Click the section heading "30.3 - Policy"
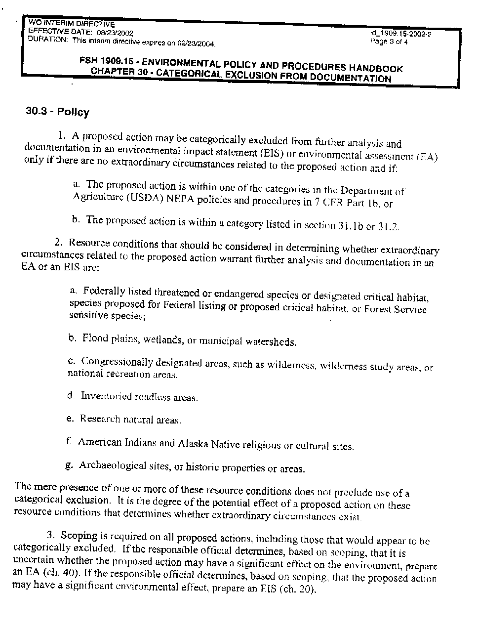click(57, 112)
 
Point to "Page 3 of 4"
click(389, 42)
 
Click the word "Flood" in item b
click(95, 338)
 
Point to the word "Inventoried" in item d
click(106, 396)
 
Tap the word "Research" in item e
click(100, 419)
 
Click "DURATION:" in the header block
click(48, 40)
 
